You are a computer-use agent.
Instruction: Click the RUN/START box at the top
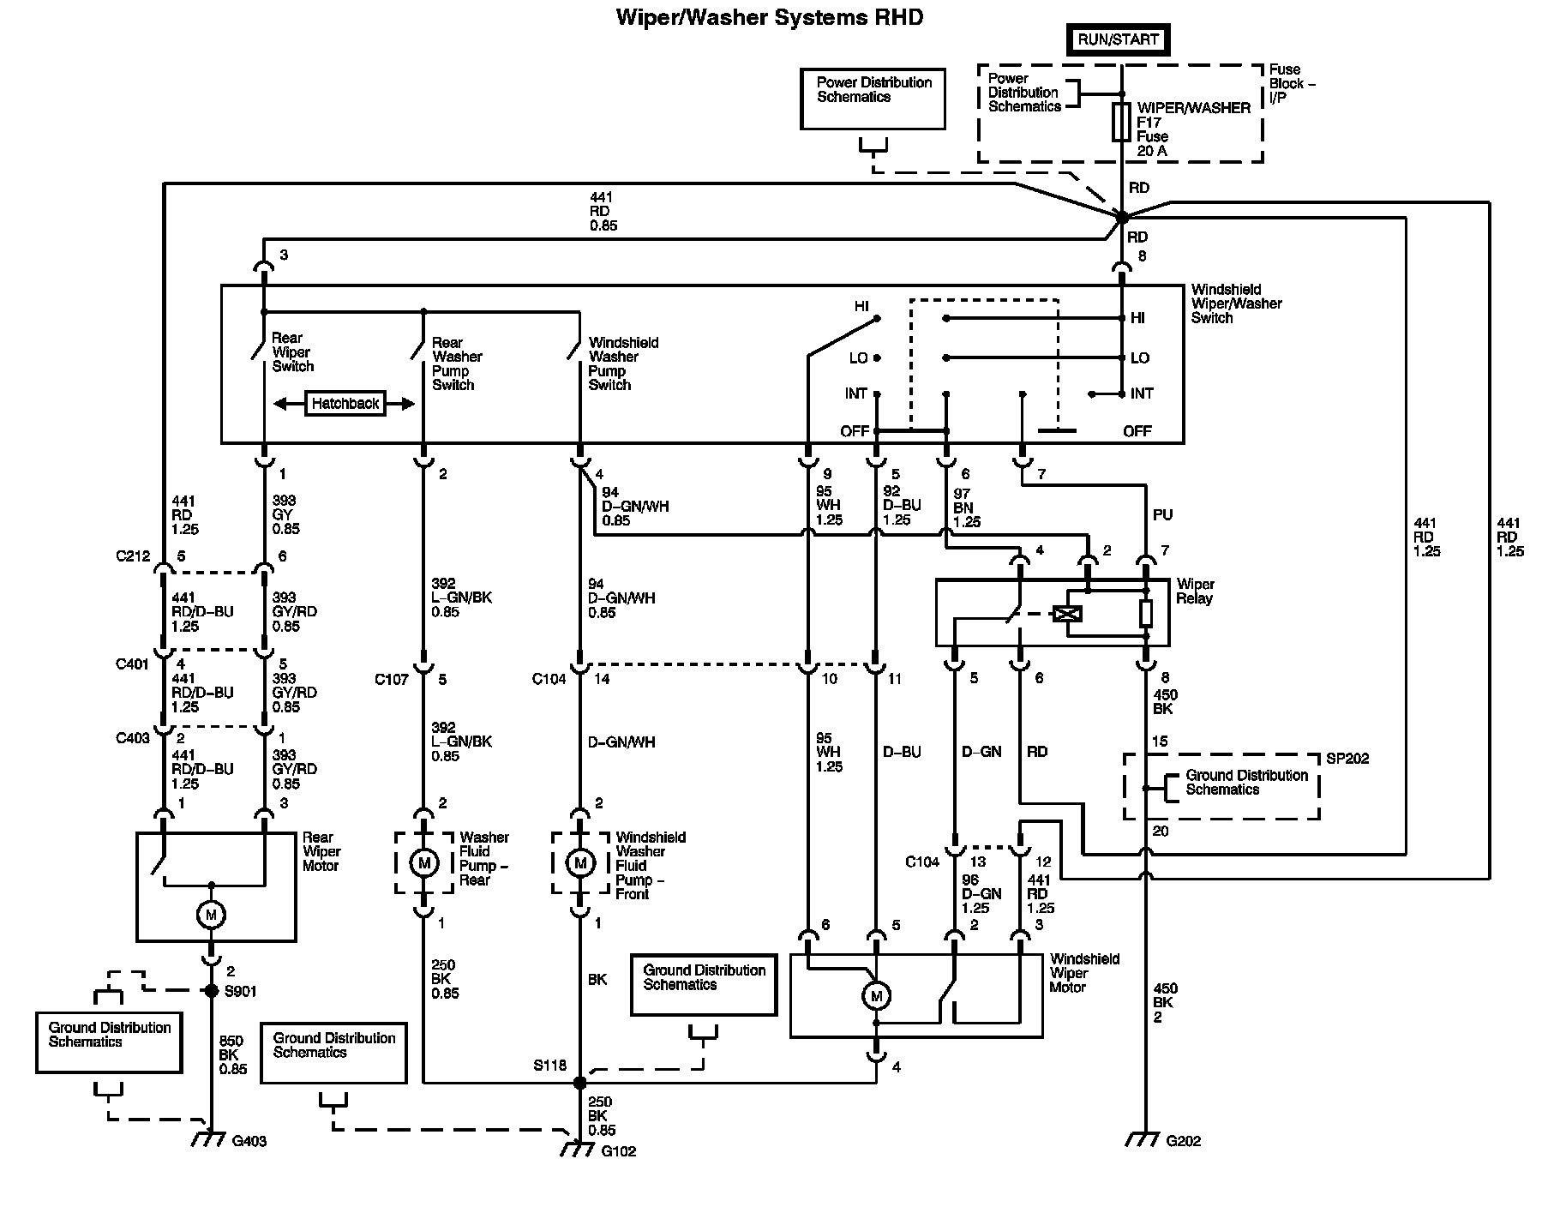(x=1118, y=39)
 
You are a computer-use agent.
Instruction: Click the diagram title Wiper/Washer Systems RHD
(x=769, y=17)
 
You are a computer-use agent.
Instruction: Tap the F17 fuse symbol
(x=1121, y=123)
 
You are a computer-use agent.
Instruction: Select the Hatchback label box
(x=345, y=404)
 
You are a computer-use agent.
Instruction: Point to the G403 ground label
(x=249, y=1142)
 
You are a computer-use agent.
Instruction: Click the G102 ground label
(x=618, y=1151)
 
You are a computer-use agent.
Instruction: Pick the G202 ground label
(x=1183, y=1141)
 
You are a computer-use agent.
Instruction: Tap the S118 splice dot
(x=579, y=1083)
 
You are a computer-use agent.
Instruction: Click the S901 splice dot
(x=211, y=991)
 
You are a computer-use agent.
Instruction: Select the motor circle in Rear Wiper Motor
(x=211, y=916)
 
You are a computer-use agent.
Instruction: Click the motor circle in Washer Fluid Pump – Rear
(x=423, y=863)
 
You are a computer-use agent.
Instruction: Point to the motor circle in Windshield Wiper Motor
(x=876, y=996)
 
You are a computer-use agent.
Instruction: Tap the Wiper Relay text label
(x=1194, y=591)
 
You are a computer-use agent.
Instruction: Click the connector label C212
(x=133, y=556)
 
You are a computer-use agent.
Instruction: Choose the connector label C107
(x=391, y=680)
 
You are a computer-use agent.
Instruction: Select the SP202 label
(x=1347, y=759)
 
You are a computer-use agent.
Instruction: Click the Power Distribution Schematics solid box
(x=873, y=99)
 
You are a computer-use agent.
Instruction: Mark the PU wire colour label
(x=1162, y=515)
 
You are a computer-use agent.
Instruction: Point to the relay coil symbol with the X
(x=1071, y=614)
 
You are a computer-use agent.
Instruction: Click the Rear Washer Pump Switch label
(x=457, y=363)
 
